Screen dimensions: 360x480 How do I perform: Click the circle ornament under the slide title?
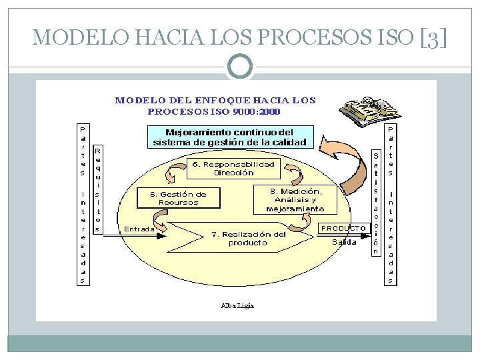[x=240, y=65]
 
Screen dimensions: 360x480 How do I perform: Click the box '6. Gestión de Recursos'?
[x=178, y=198]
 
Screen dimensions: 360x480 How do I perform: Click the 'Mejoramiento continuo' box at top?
[x=229, y=137]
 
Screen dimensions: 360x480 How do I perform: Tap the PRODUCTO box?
[x=344, y=228]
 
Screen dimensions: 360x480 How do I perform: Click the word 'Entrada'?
[x=139, y=229]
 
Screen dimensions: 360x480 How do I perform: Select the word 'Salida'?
[x=345, y=242]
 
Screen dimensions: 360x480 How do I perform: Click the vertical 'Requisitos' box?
[x=97, y=190]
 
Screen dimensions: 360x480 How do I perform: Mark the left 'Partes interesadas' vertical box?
[x=82, y=204]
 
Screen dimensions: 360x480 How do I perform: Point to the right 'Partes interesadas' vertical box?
[x=391, y=204]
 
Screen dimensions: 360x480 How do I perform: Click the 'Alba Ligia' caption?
[x=237, y=306]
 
